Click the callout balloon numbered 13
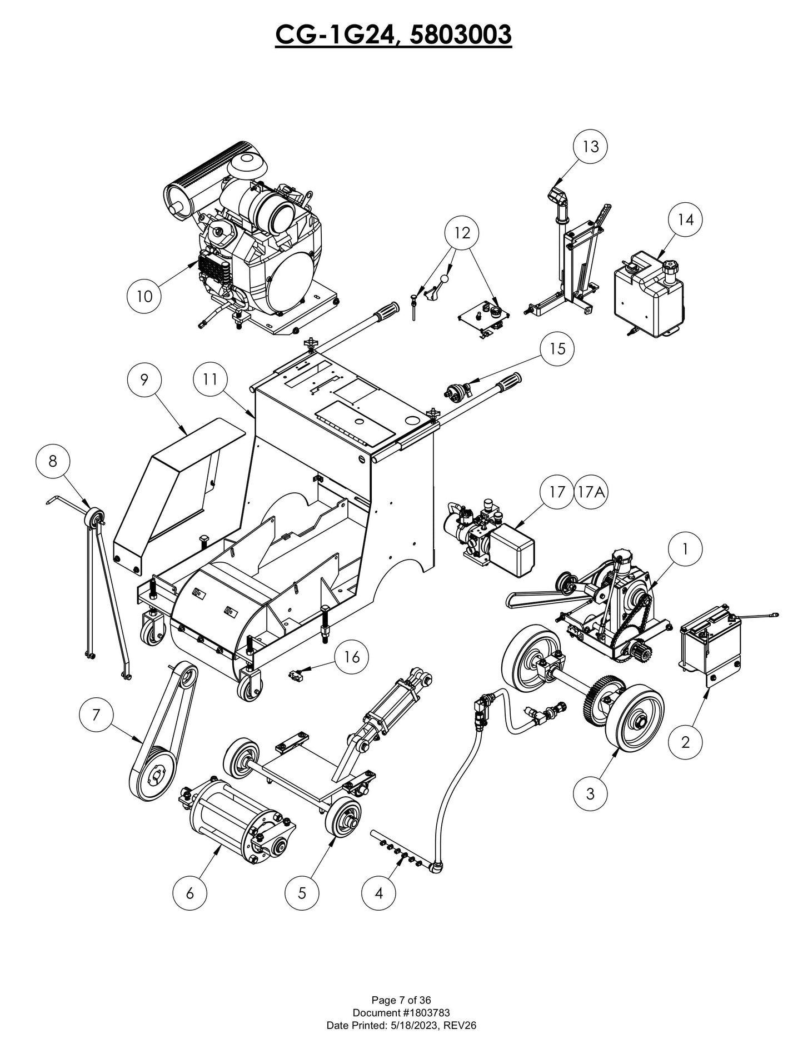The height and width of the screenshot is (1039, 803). [x=590, y=146]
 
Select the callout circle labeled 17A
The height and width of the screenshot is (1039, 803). [x=591, y=492]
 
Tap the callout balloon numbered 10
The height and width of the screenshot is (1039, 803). [x=144, y=296]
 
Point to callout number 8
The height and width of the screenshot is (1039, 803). [x=53, y=461]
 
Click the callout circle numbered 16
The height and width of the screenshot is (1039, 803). [x=351, y=657]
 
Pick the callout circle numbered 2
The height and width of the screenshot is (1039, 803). [x=685, y=742]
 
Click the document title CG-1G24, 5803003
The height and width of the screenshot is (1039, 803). [x=393, y=34]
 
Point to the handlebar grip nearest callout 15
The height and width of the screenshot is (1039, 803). [x=508, y=383]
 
